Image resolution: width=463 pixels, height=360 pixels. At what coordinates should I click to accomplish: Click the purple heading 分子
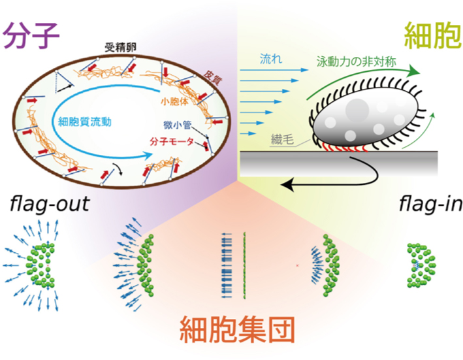pyautogui.click(x=31, y=34)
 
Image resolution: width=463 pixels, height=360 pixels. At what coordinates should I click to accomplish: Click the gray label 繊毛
pyautogui.click(x=291, y=139)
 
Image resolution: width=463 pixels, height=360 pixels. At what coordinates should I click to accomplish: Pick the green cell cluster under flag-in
pyautogui.click(x=422, y=265)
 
